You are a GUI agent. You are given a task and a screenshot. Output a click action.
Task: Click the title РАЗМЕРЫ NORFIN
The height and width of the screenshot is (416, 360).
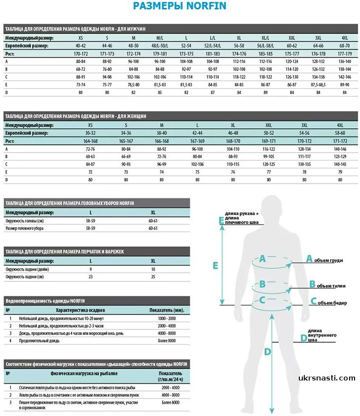pyautogui.click(x=180, y=6)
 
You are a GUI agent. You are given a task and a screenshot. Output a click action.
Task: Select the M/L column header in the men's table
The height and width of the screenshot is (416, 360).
pyautogui.click(x=160, y=37)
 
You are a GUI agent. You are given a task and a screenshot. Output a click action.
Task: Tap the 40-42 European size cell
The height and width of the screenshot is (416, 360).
pyautogui.click(x=80, y=45)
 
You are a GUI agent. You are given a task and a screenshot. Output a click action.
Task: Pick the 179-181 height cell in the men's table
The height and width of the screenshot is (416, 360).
pyautogui.click(x=160, y=53)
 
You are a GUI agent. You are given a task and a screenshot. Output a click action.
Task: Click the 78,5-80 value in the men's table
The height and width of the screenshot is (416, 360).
pyautogui.click(x=133, y=85)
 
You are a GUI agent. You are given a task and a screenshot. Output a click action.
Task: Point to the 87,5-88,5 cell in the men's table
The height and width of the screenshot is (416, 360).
pyautogui.click(x=318, y=85)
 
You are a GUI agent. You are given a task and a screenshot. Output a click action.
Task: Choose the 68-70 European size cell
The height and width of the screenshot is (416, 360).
pyautogui.click(x=345, y=45)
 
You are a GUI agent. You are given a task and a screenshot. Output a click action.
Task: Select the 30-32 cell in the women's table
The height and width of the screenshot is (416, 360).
pyautogui.click(x=90, y=133)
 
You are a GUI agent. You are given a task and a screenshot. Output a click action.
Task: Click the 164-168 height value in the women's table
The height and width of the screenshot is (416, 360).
pyautogui.click(x=90, y=141)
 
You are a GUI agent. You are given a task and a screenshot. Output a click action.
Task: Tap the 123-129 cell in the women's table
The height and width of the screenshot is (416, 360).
pyautogui.click(x=340, y=156)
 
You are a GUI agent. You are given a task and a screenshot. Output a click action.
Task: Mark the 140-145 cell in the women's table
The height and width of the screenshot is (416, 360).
pyautogui.click(x=340, y=164)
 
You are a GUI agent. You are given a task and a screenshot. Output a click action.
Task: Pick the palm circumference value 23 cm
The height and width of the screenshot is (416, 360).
pyautogui.click(x=91, y=277)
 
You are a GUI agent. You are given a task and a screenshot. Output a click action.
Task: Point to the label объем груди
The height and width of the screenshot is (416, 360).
pyautogui.click(x=330, y=260)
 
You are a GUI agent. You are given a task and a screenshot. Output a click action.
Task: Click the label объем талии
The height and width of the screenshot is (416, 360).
pyautogui.click(x=331, y=286)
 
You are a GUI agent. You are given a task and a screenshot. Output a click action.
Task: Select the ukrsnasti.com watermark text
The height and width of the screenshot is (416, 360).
pyautogui.click(x=326, y=379)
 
